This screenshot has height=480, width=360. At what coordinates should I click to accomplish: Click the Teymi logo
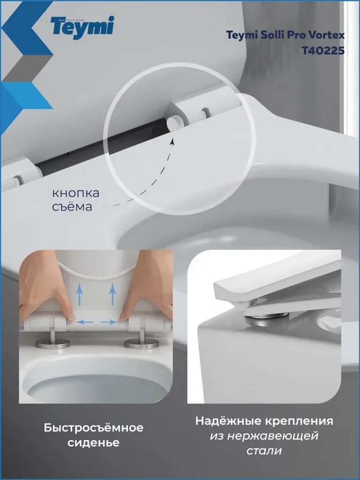click(82, 27)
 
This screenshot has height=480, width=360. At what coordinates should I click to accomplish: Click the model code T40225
click(323, 50)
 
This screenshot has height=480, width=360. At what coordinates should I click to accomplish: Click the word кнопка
click(76, 193)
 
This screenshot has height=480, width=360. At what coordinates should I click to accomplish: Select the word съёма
click(72, 206)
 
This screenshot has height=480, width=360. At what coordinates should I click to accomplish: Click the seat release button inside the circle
click(173, 123)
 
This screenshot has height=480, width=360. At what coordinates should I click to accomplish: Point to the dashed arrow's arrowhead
click(172, 142)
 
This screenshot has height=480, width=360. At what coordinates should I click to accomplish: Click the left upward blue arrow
click(79, 294)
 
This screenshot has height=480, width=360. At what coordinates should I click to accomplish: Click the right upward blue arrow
click(113, 294)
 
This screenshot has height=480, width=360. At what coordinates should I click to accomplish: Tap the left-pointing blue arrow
click(84, 322)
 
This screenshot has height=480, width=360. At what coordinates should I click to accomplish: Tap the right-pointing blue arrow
click(109, 322)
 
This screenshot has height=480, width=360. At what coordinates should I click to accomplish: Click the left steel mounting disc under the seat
click(53, 343)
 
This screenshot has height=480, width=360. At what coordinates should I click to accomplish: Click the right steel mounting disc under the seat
click(141, 343)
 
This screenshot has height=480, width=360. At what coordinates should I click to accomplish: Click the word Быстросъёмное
click(93, 428)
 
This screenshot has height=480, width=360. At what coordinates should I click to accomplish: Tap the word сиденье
click(93, 443)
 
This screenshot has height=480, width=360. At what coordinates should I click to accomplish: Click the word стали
click(264, 451)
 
